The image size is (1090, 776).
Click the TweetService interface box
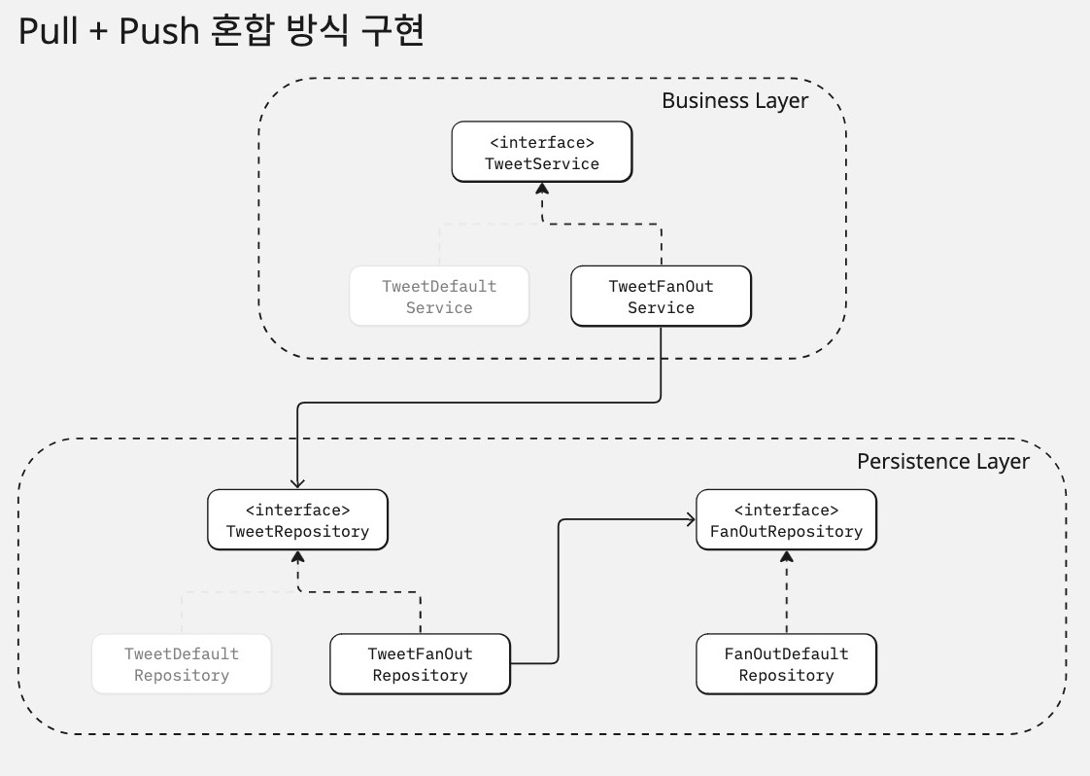pyautogui.click(x=541, y=152)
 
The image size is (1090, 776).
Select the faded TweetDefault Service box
pyautogui.click(x=439, y=296)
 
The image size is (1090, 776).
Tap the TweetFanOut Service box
pyautogui.click(x=661, y=296)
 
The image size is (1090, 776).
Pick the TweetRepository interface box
pyautogui.click(x=297, y=520)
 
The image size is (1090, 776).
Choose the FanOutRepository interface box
pyautogui.click(x=786, y=520)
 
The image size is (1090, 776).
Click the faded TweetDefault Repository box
pyautogui.click(x=182, y=664)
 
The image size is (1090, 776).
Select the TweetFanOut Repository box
pyautogui.click(x=420, y=664)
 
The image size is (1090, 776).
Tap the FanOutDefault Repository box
pyautogui.click(x=786, y=664)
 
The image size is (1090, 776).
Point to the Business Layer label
pyautogui.click(x=734, y=101)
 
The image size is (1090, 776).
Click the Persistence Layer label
pyautogui.click(x=942, y=462)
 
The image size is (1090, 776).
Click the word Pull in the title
pyautogui.click(x=48, y=31)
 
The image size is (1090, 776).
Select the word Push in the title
pyautogui.click(x=159, y=31)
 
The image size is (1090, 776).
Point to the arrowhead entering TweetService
pyautogui.click(x=542, y=188)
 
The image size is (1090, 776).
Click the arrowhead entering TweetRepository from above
pyautogui.click(x=297, y=483)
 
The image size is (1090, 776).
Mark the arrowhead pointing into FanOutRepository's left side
pyautogui.click(x=691, y=519)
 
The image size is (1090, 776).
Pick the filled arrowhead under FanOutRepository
pyautogui.click(x=787, y=556)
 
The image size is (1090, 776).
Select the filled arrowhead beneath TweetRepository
pyautogui.click(x=298, y=556)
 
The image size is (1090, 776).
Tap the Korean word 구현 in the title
pyautogui.click(x=392, y=31)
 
